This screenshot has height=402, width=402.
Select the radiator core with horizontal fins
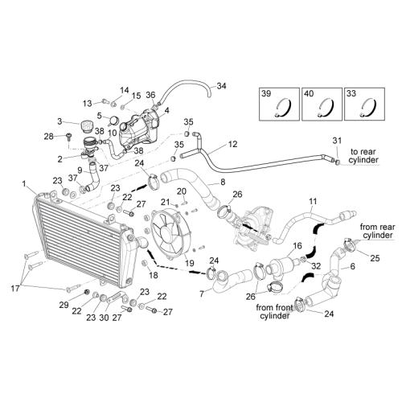(80, 240)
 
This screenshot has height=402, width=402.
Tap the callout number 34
(221, 86)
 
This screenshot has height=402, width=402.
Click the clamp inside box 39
(283, 107)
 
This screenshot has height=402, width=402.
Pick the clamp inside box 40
(326, 107)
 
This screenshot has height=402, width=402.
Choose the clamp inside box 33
(368, 107)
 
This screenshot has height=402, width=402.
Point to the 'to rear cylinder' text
(364, 156)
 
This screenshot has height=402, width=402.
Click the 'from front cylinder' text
(275, 311)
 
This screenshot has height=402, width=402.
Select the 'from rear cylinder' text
(377, 231)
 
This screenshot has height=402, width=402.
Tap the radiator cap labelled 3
(86, 126)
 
